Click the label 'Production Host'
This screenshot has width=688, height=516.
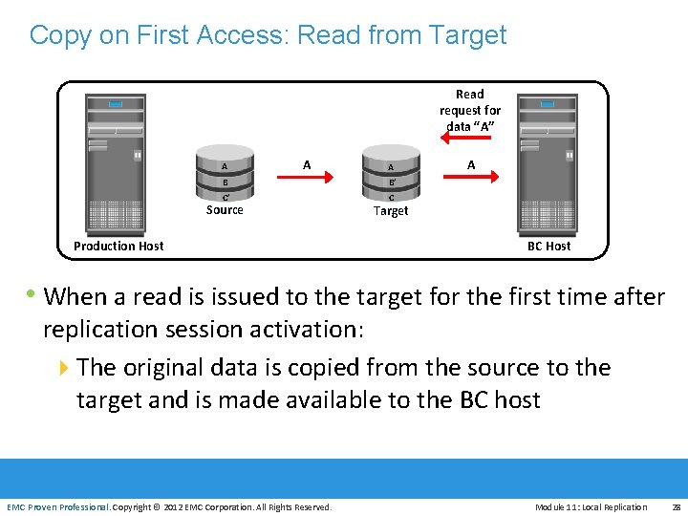pyautogui.click(x=118, y=246)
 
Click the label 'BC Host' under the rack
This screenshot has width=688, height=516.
pyautogui.click(x=548, y=246)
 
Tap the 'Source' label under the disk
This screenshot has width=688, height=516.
pyautogui.click(x=225, y=210)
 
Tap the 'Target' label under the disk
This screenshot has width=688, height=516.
pyautogui.click(x=391, y=211)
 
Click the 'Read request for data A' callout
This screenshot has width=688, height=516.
pyautogui.click(x=470, y=110)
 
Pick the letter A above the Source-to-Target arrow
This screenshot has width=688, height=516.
pyautogui.click(x=307, y=164)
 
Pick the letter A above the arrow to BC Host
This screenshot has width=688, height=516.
pyautogui.click(x=471, y=164)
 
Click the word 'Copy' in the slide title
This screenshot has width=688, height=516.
pyautogui.click(x=60, y=35)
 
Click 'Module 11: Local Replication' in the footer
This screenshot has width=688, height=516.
pyautogui.click(x=591, y=506)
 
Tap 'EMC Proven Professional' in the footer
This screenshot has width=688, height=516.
pyautogui.click(x=57, y=506)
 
